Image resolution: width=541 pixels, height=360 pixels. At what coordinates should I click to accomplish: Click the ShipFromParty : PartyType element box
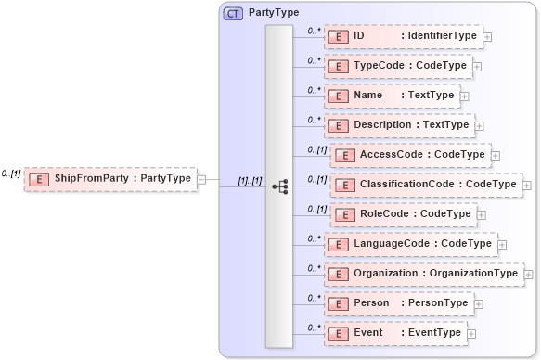(x=110, y=178)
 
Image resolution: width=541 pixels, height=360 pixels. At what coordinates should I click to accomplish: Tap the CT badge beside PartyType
(x=233, y=14)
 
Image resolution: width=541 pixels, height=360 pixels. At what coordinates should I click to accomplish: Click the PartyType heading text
(x=267, y=14)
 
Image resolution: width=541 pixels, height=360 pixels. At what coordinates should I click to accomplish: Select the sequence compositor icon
(x=279, y=186)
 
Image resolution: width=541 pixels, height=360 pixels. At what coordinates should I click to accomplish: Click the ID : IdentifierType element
(x=403, y=36)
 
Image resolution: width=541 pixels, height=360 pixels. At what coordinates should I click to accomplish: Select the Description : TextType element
(x=399, y=125)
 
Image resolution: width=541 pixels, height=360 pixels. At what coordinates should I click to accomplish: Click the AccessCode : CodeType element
(x=409, y=155)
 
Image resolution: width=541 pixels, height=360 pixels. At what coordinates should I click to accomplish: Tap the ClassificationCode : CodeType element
(x=425, y=185)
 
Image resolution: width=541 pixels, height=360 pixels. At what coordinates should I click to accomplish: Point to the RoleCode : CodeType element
(x=403, y=214)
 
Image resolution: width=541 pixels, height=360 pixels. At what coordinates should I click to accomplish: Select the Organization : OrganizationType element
(x=423, y=274)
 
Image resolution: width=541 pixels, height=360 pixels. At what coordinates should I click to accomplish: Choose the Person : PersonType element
(x=398, y=303)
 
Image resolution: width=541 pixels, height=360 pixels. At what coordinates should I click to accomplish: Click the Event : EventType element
(x=394, y=333)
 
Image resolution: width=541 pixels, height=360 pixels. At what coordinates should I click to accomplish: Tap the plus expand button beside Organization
(x=528, y=275)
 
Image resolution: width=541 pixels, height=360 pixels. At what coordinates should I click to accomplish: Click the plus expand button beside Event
(x=471, y=334)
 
